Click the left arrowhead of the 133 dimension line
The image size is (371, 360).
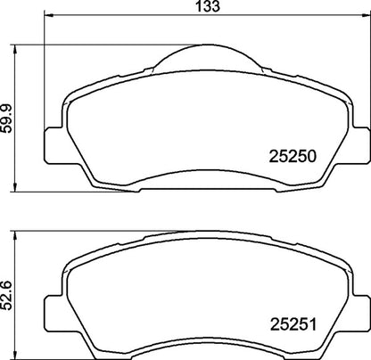point(48,16)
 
